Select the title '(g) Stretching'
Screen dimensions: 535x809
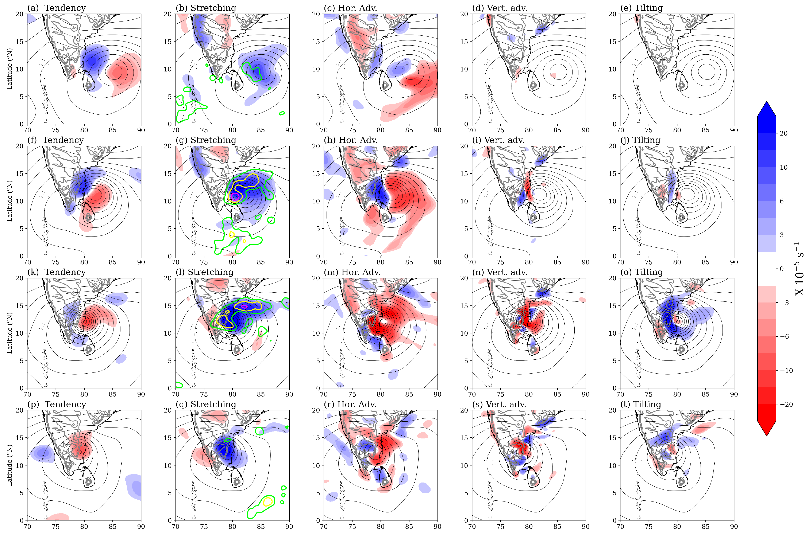click(206, 140)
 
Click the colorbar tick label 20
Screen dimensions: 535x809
click(784, 133)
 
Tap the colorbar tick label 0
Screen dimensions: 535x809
click(782, 269)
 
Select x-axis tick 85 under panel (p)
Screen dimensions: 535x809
click(113, 527)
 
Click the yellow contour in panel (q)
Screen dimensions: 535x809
click(268, 501)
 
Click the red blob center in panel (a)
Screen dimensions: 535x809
click(116, 72)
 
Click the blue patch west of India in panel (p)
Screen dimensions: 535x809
click(42, 453)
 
